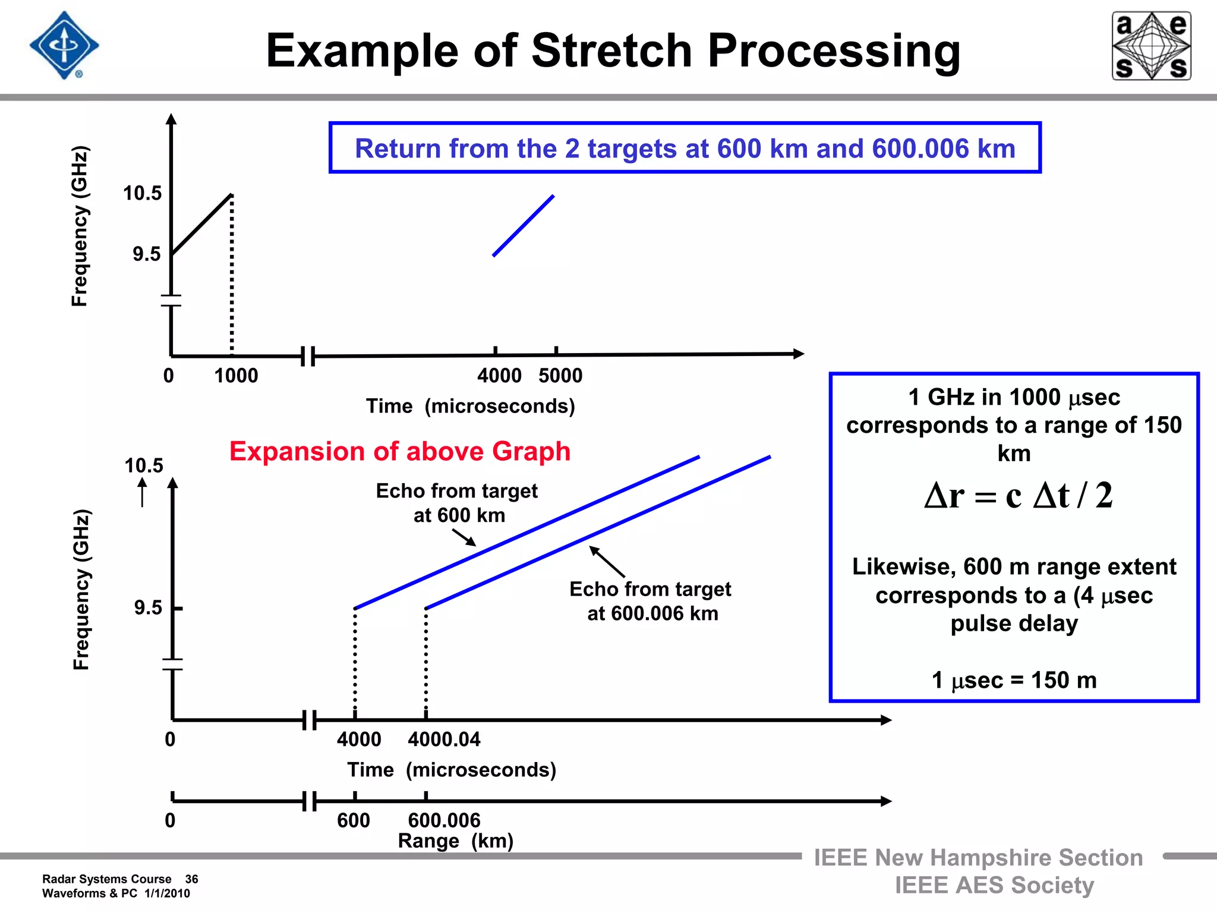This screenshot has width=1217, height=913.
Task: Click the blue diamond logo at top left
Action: point(64,45)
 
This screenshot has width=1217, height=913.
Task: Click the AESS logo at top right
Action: point(1151,46)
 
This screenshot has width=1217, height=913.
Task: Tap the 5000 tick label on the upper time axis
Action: point(560,376)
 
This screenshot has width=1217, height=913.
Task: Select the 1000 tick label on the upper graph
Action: point(236,376)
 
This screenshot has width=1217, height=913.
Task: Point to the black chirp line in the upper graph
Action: point(201,225)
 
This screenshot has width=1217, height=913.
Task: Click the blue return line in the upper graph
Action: point(524,226)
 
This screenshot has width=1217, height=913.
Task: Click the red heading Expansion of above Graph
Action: point(400,451)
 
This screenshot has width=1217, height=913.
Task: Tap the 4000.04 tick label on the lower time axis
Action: point(444,739)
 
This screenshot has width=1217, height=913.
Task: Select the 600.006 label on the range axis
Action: point(444,820)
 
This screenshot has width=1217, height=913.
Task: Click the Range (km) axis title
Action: point(455,841)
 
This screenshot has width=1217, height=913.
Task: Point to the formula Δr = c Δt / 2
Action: point(1018,495)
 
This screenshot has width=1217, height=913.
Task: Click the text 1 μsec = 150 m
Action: point(1014,680)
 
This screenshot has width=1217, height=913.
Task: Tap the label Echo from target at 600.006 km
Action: point(651,601)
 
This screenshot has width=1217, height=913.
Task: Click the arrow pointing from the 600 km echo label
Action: point(464,537)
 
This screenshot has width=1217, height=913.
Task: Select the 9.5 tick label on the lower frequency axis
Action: point(148,608)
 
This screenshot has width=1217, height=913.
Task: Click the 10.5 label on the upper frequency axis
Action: point(142,193)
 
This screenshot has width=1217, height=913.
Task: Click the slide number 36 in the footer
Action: point(191,879)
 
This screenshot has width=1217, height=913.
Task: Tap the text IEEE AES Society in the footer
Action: point(994,885)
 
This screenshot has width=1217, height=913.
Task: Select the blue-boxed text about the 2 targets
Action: point(685,149)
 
